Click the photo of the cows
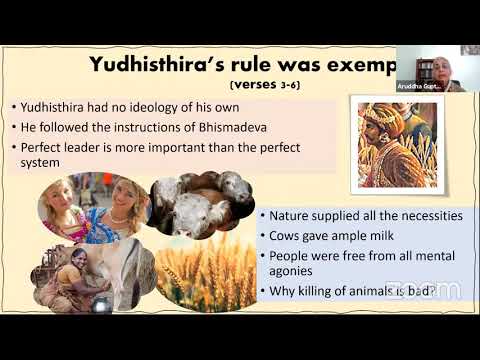click(x=198, y=208)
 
